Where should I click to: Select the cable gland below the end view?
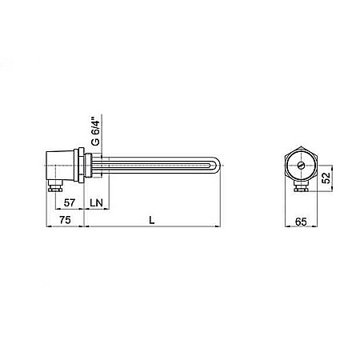(302, 190)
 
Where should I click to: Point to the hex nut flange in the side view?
(82, 166)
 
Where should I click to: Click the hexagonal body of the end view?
(302, 166)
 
